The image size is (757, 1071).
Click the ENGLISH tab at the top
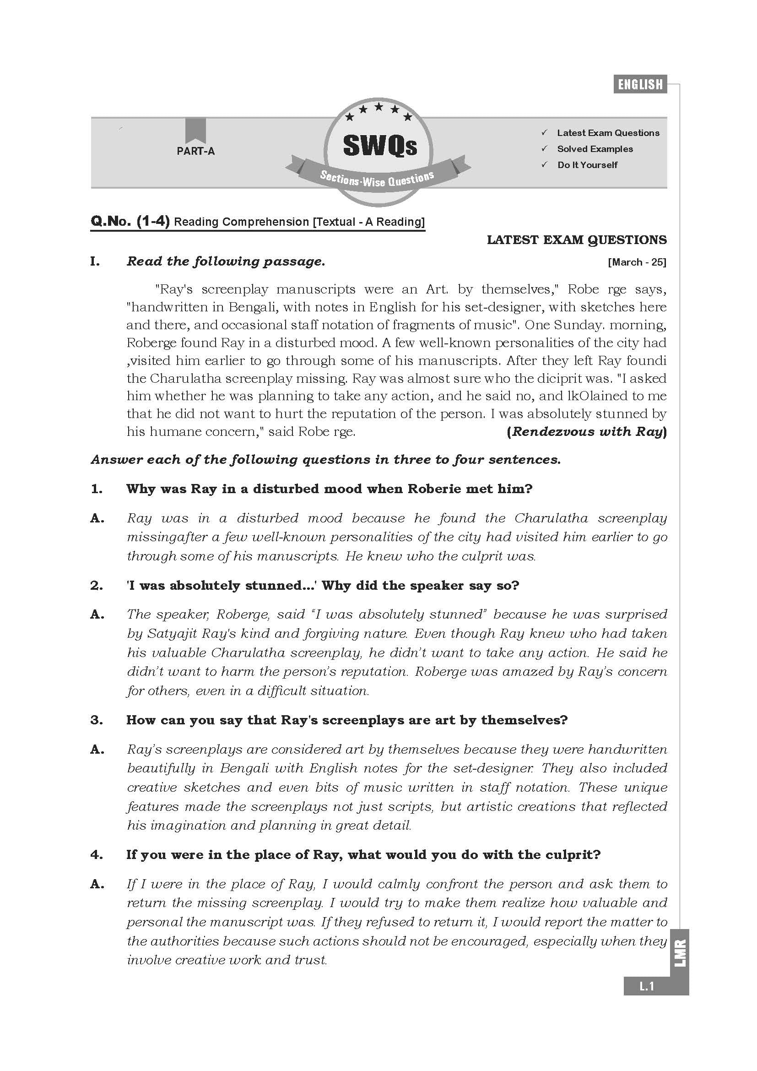640,84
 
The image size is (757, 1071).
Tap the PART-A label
195,151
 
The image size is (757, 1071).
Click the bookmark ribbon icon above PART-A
195,130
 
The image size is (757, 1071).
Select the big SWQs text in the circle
379,146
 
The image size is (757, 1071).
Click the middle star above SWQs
378,107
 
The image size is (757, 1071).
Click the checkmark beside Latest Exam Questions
544,133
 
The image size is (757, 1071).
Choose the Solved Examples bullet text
595,149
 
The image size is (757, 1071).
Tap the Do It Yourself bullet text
587,165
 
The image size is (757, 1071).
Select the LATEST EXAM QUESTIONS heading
577,240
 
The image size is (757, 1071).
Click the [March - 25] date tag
637,262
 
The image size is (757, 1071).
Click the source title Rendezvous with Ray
586,431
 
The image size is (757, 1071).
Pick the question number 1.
97,489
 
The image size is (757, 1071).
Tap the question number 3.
97,720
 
